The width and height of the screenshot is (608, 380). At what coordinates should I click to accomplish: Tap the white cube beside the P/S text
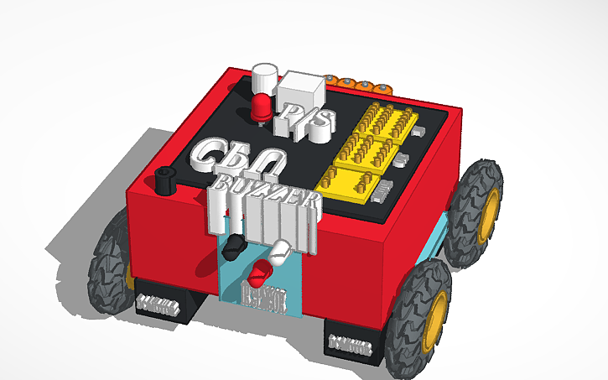(299, 87)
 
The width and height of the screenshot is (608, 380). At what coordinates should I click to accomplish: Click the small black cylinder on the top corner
(164, 178)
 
